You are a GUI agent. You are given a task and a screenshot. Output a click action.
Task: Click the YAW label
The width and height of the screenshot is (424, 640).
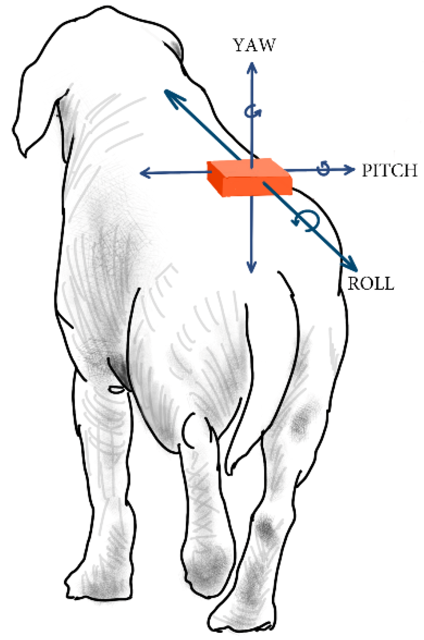tap(254, 45)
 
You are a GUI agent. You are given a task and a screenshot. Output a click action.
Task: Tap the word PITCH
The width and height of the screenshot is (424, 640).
tap(389, 171)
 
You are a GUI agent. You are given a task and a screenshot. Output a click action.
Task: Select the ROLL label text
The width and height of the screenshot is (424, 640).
tap(371, 284)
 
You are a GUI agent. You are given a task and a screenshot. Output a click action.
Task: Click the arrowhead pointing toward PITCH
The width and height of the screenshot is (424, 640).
tap(349, 170)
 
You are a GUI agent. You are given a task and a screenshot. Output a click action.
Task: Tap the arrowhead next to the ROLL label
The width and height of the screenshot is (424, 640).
tap(351, 265)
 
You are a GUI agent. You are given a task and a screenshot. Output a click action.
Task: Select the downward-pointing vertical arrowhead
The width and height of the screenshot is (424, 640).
tap(251, 267)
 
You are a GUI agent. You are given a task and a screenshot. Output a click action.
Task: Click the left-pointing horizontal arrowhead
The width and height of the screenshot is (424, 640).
tap(145, 173)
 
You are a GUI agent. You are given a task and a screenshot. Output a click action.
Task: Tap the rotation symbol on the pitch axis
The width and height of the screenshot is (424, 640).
tap(324, 169)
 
